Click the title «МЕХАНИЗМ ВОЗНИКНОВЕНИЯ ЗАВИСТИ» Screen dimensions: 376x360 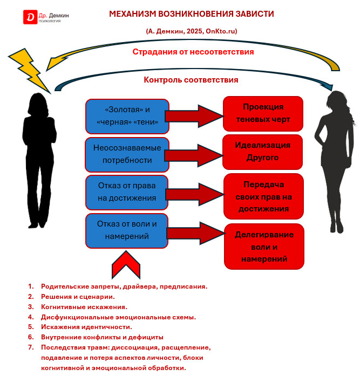click(191, 14)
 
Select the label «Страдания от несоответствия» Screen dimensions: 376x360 click(193, 52)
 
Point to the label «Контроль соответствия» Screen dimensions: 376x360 click(191, 80)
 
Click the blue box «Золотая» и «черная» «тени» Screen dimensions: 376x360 click(127, 116)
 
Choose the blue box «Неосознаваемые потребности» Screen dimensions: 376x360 click(127, 154)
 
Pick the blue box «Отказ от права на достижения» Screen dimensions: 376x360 click(127, 192)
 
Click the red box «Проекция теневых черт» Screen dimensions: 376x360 click(263, 113)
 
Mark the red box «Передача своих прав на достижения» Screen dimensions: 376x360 click(263, 196)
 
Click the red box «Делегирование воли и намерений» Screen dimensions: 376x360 click(264, 247)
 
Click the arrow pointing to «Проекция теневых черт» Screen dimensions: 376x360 click(193, 116)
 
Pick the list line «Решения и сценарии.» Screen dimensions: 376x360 click(78, 297)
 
